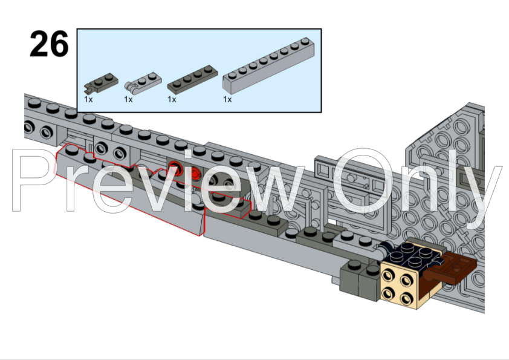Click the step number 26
pos(49,44)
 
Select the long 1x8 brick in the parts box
pos(269,64)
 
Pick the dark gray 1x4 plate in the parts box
pos(192,80)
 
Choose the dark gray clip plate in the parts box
pos(101,82)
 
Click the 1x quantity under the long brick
pos(227,99)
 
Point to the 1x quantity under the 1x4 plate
pos(172,99)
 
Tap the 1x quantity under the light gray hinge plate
pos(128,99)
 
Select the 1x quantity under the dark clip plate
pos(88,99)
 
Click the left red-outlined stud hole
pos(175,168)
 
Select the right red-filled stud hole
pos(195,174)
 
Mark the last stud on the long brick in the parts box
pos(305,41)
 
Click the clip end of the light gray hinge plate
pos(129,86)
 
